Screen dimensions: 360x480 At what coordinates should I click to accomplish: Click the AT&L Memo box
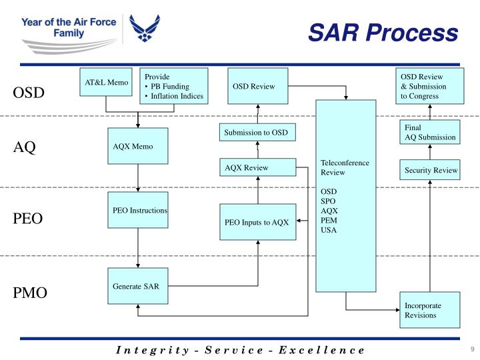click(x=105, y=86)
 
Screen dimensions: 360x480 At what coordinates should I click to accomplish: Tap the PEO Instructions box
click(x=138, y=210)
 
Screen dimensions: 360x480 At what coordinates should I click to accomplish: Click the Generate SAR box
click(x=138, y=287)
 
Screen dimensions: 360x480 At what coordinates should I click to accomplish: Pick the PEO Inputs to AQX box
click(x=257, y=222)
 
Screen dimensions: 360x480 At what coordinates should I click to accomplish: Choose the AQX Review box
click(x=257, y=168)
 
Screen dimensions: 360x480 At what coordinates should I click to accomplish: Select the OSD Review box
click(x=257, y=86)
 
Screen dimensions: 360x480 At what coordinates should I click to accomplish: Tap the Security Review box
click(x=431, y=170)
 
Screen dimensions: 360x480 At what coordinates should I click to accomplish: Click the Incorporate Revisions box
click(x=431, y=310)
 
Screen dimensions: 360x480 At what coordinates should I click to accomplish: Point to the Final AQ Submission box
click(x=431, y=132)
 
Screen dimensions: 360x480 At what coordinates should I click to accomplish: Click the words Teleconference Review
click(x=345, y=167)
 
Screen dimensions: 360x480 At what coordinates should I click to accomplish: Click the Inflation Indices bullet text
click(x=176, y=96)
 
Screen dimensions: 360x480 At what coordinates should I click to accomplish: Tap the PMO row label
click(x=30, y=293)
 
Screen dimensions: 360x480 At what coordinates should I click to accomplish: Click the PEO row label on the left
click(x=29, y=218)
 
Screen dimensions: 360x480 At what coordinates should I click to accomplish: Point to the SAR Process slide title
click(x=383, y=31)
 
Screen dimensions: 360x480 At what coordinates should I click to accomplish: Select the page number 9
click(x=471, y=349)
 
